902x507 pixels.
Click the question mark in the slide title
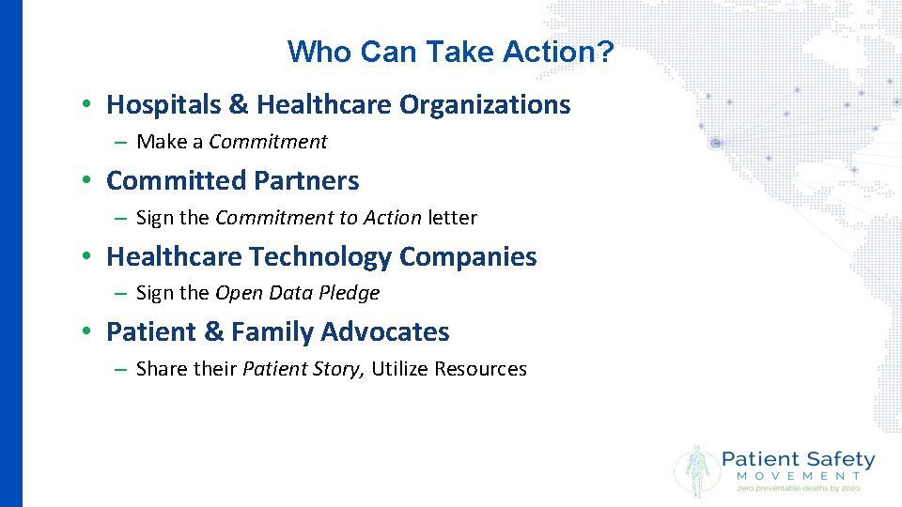coord(606,52)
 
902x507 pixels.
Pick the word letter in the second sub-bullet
coord(453,218)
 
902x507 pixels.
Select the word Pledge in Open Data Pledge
coord(350,293)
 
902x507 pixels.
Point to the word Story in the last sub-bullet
coord(336,369)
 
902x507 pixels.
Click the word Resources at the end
coord(480,369)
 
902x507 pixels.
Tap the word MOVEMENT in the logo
coord(798,477)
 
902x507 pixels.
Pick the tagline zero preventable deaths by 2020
coord(798,488)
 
